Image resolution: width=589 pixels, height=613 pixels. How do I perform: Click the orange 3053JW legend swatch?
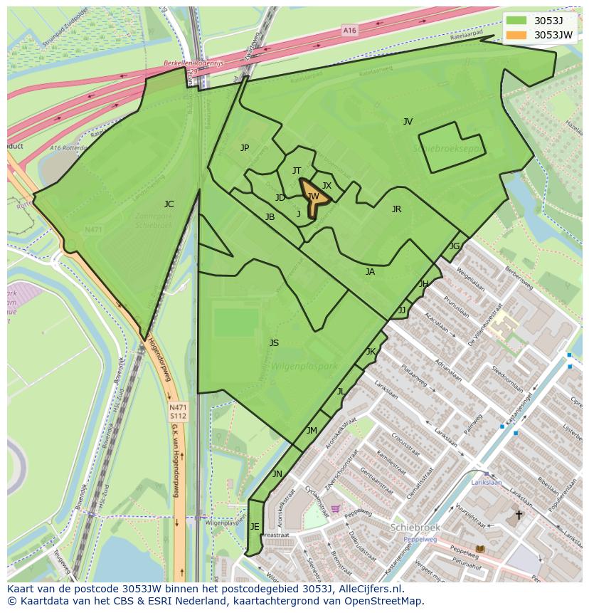[517, 35]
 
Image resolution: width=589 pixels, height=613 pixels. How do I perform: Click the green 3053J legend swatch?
[517, 21]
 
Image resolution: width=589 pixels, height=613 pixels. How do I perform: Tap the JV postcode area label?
[408, 122]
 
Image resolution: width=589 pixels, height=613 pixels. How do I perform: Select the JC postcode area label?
[169, 204]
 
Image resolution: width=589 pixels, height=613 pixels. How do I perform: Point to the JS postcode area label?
[274, 343]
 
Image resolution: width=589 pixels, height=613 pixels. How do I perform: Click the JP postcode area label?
[245, 148]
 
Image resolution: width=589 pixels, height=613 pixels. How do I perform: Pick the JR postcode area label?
[396, 209]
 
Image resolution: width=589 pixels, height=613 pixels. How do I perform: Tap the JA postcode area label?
[370, 272]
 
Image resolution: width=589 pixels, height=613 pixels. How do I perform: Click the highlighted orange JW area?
[313, 197]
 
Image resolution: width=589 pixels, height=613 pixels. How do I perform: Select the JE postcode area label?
[255, 527]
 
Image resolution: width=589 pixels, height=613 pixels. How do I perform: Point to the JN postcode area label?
[277, 474]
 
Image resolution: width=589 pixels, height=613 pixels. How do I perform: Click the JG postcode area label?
[455, 246]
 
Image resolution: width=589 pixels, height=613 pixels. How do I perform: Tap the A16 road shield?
[349, 31]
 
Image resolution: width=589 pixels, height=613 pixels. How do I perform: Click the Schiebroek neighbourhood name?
[415, 528]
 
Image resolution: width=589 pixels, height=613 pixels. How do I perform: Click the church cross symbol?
[519, 515]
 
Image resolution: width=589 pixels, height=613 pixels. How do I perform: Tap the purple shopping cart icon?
[336, 509]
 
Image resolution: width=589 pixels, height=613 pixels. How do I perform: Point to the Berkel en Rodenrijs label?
[193, 63]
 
